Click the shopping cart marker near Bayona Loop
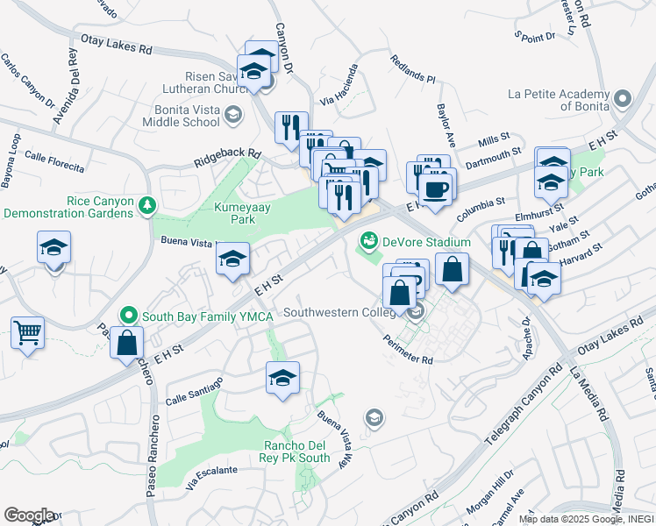click(x=28, y=333)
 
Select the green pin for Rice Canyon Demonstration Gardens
click(x=148, y=205)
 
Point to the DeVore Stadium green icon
click(x=368, y=238)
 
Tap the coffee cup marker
click(x=435, y=188)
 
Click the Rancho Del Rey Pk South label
click(x=297, y=451)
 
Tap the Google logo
click(x=28, y=515)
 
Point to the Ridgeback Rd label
click(x=228, y=159)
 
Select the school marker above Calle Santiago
click(x=282, y=379)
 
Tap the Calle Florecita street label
click(x=54, y=161)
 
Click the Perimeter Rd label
click(x=408, y=349)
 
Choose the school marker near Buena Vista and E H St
click(x=232, y=259)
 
